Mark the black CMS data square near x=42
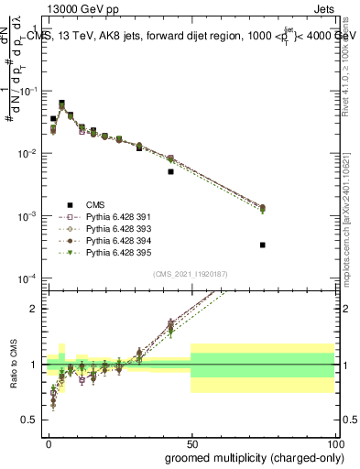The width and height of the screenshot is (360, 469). (170, 171)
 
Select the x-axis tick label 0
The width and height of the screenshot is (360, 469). (49, 443)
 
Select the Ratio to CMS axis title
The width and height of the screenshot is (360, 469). (13, 364)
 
